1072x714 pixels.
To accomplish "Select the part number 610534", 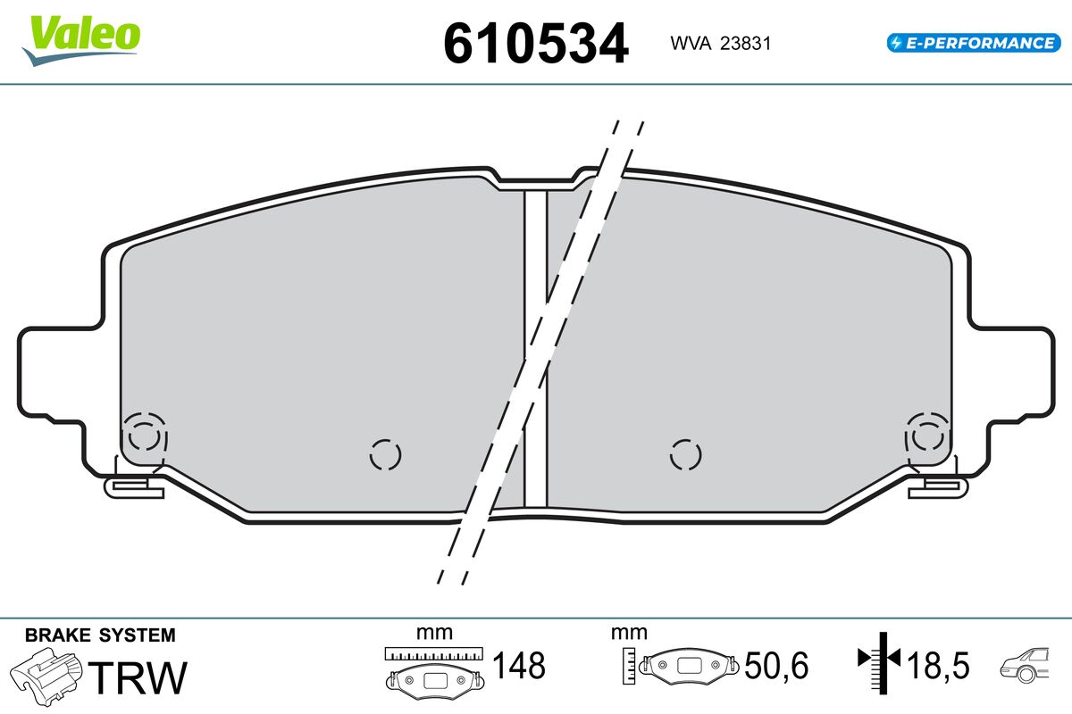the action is pyautogui.click(x=535, y=44).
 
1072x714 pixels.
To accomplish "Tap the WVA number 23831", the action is pyautogui.click(x=746, y=44).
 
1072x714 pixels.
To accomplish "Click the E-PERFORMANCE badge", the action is pyautogui.click(x=974, y=43).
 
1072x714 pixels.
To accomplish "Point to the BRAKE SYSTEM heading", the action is pyautogui.click(x=100, y=635).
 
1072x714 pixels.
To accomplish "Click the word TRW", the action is pyautogui.click(x=138, y=677).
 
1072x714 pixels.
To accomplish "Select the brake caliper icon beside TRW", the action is pyautogui.click(x=46, y=677).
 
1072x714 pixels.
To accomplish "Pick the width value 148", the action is pyautogui.click(x=519, y=665).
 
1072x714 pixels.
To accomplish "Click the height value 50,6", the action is pyautogui.click(x=776, y=665).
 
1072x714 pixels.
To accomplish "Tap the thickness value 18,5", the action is pyautogui.click(x=939, y=665).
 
